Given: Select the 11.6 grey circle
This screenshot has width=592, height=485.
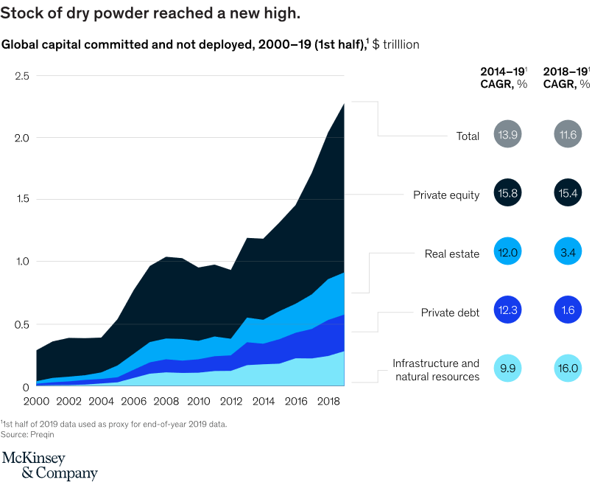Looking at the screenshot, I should point(569,135).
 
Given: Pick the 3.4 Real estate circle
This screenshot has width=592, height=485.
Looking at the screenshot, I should point(569,253).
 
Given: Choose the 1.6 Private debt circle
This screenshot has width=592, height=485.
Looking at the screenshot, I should point(569,312).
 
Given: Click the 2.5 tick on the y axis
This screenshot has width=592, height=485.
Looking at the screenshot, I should point(22,76).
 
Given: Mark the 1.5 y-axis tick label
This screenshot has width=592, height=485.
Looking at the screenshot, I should point(22,199).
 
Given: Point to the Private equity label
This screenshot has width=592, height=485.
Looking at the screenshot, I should point(446,195).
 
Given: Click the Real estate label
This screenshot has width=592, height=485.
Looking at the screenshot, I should point(452,254).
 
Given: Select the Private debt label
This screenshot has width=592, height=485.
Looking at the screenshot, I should point(450,313).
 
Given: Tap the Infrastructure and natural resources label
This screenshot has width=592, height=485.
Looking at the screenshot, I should point(436,370).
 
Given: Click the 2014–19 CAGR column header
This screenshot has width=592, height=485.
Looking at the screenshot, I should point(504,77).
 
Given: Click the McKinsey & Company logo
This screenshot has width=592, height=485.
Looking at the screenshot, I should point(49,466).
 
